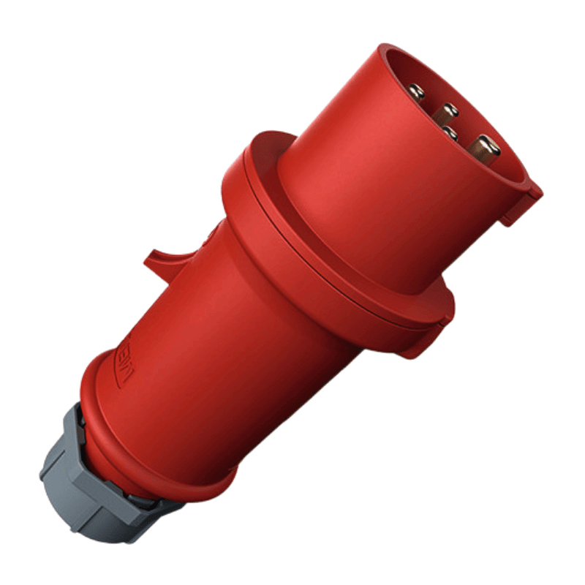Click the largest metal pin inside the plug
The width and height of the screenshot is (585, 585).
point(485,149)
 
